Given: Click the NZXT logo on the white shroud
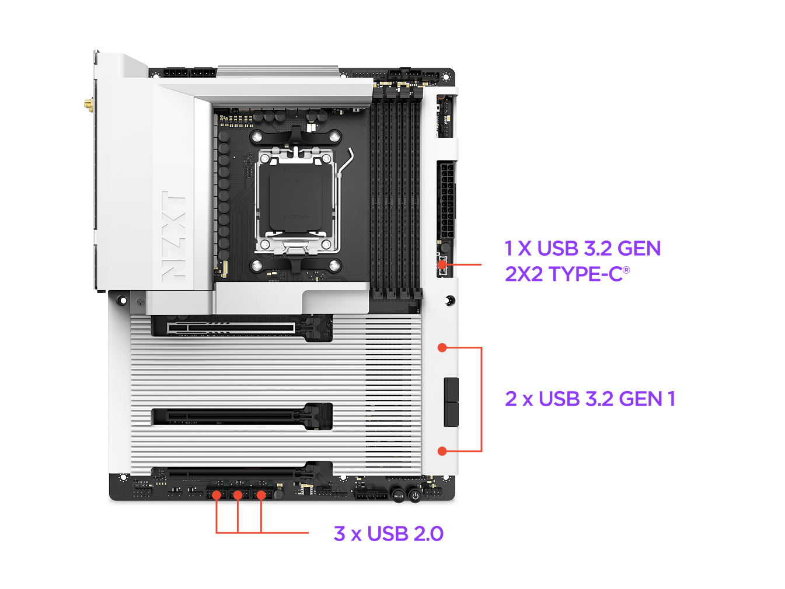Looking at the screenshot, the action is pos(173,236).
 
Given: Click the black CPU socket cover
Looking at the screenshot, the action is pos(295,200).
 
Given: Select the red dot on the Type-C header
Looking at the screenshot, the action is pos(442,264).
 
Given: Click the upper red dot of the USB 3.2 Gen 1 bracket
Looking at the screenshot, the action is pos(442,347).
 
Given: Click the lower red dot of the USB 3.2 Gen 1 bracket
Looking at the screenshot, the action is pos(442,451).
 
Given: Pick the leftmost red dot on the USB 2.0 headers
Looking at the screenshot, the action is pos(217,495).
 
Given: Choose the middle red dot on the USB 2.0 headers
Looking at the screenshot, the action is pos(238,495).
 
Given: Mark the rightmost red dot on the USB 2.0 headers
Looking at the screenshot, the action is pos(261,495).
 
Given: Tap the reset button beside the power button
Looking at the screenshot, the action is pos(398,496).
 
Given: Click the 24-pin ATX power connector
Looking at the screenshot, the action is pos(446,200).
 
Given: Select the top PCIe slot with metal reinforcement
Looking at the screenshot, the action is pos(231,327).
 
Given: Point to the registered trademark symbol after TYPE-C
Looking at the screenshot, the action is pos(626,270).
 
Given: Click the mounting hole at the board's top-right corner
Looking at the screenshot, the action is pos(445,76).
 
